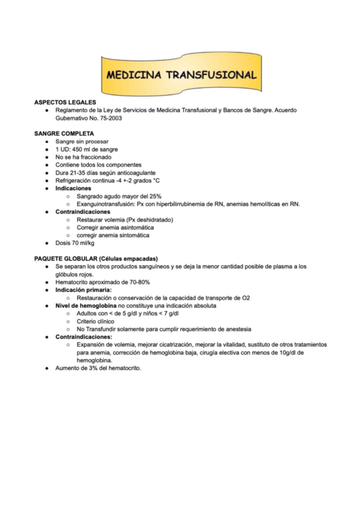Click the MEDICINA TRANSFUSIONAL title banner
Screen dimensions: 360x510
(181, 76)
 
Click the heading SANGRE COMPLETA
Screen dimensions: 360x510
(63, 134)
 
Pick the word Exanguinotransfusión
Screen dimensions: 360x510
(106, 204)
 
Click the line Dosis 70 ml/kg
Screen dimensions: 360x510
(75, 243)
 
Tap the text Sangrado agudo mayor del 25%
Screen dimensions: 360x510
(119, 196)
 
